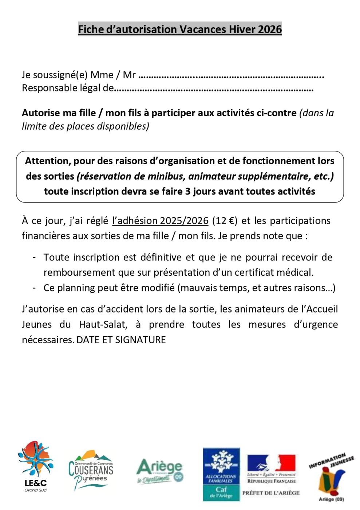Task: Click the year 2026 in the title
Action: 270,29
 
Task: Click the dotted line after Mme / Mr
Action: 231,76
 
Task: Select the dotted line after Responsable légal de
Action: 214,89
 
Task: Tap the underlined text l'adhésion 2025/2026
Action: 160,221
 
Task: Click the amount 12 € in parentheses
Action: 225,221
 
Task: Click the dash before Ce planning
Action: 34,288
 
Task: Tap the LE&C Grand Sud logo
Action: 35,466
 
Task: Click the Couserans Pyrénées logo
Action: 91,470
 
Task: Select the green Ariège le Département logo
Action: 160,471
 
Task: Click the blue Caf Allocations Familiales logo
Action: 221,474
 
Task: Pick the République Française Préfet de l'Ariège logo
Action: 271,475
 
